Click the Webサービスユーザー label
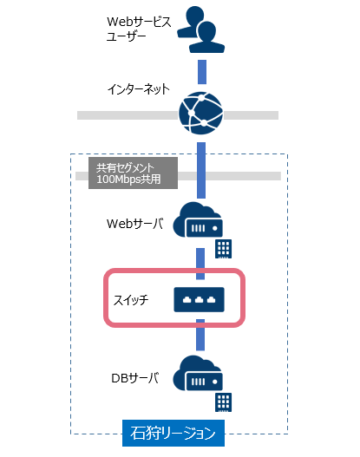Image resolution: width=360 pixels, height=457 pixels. coord(139,29)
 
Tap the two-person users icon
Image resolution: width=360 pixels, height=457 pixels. coord(201,29)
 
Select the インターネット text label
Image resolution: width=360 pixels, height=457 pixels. coord(139,89)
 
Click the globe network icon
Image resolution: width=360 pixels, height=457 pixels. coord(201,113)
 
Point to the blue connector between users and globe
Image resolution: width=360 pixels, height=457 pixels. coord(202,72)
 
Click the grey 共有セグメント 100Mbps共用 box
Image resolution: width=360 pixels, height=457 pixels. coord(134,173)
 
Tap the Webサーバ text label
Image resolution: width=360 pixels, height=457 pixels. coord(135,224)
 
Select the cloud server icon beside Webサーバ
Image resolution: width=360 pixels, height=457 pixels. coord(198,219)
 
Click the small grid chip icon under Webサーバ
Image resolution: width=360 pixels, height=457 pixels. coord(224,249)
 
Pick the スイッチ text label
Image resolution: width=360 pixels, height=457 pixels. coord(131,300)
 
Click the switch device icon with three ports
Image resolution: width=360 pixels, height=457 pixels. coord(200,300)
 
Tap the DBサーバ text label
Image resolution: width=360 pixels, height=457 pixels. coord(135,378)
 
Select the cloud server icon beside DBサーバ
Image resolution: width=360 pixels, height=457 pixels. coord(198,374)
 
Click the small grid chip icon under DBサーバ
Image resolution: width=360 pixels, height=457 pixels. coord(224,402)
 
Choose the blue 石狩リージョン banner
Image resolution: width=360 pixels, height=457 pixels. coord(173,433)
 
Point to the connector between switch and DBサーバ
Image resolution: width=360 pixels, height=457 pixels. coord(200,335)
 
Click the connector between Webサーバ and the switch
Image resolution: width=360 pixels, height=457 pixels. coord(200,264)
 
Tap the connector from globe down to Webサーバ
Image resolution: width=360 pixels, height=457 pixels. coord(201,170)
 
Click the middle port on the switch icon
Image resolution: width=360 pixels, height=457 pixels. coord(200,300)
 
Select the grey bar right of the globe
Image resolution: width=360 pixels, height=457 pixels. coord(251,115)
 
